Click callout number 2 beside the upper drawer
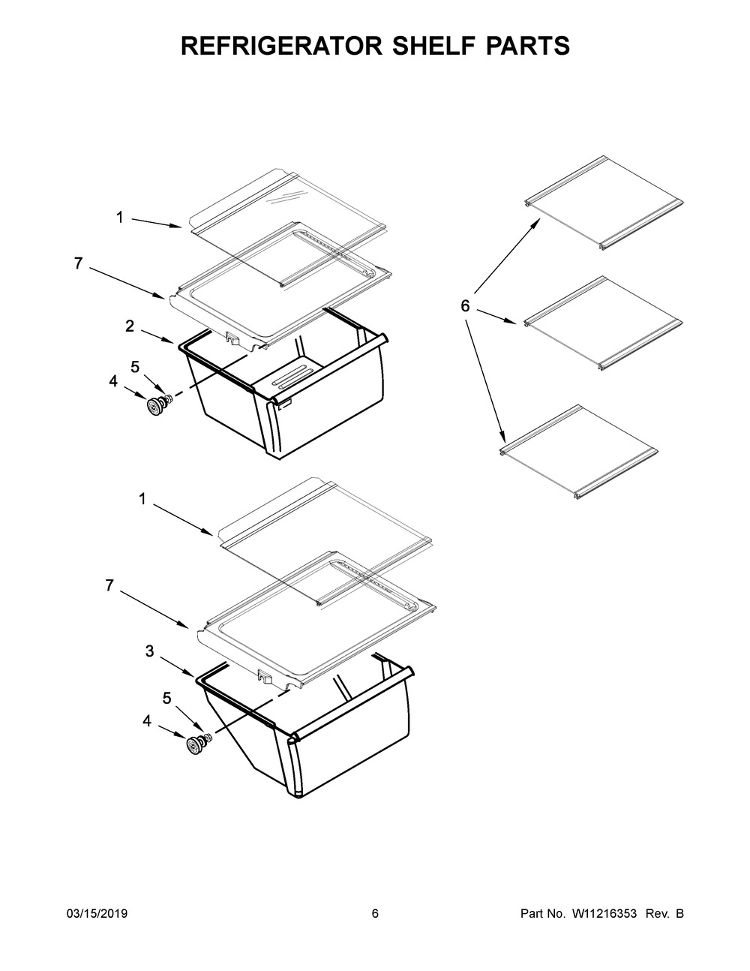(130, 326)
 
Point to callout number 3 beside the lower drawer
(149, 651)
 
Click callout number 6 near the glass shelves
(465, 306)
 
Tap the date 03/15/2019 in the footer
(97, 913)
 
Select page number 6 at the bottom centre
(375, 913)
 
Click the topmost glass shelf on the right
(603, 203)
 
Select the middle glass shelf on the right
(603, 323)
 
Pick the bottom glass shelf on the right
(578, 452)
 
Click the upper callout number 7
(79, 263)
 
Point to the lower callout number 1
(142, 499)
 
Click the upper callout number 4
(113, 381)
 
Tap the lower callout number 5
(167, 698)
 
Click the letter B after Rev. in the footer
(679, 913)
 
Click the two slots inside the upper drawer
(295, 376)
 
